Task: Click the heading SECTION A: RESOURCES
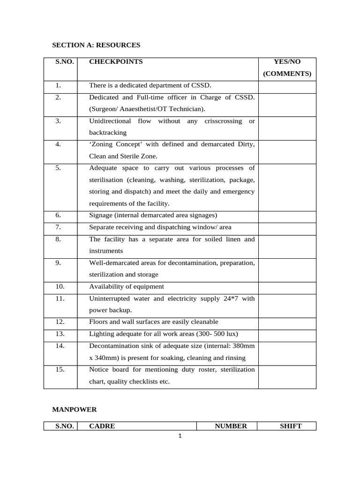(x=96, y=45)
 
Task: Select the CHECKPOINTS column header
(x=116, y=61)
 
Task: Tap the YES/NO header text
(x=287, y=61)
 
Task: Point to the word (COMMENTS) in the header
(x=287, y=74)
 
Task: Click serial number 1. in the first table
(x=58, y=85)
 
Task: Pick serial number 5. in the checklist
(x=58, y=168)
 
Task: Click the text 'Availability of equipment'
(x=127, y=286)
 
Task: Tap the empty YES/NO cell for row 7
(x=287, y=227)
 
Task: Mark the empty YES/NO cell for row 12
(x=287, y=322)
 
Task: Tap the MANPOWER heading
(x=74, y=409)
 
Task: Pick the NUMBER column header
(x=231, y=426)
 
